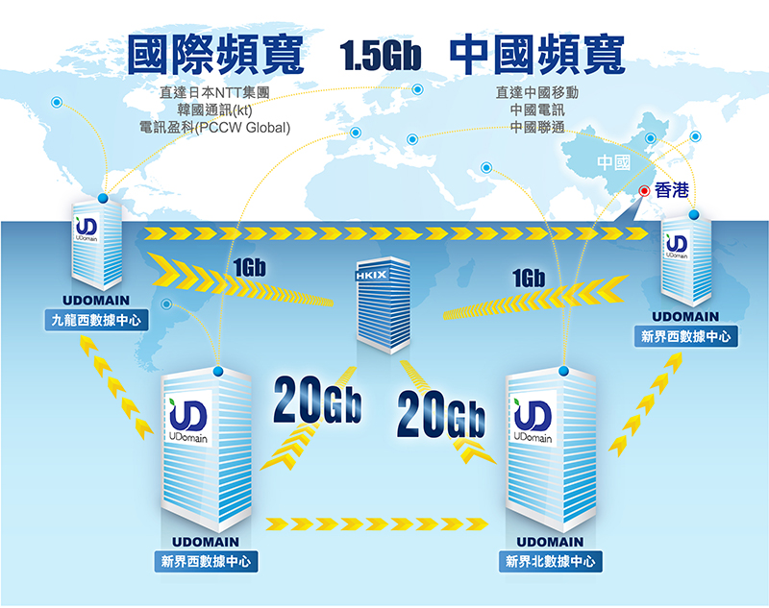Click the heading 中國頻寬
tap(536, 55)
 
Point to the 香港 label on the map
tap(671, 191)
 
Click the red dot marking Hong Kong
tap(644, 190)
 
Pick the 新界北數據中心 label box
tap(550, 562)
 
